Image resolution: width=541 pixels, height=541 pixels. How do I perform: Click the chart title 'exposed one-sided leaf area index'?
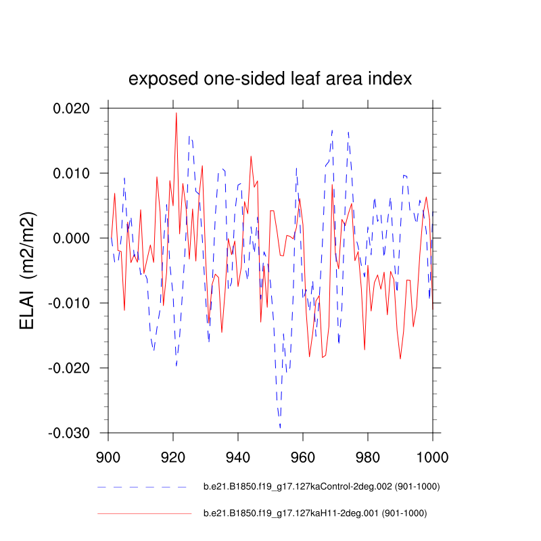point(270,79)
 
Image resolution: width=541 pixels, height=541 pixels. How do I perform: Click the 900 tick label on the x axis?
point(108,456)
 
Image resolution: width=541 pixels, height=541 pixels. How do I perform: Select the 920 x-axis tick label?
point(173,456)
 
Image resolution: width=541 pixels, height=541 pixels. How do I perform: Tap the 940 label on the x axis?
point(238,456)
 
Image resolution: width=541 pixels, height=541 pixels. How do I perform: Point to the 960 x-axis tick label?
point(303,456)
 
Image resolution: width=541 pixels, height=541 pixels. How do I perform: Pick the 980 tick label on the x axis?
point(368,456)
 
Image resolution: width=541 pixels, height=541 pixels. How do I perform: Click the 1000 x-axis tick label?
point(431,456)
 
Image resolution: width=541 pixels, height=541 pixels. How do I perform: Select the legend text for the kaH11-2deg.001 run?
point(315,513)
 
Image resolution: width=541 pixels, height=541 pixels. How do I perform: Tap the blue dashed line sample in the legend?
point(142,486)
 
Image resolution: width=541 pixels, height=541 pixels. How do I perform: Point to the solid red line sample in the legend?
point(145,513)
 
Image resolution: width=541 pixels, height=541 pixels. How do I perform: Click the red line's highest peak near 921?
point(177,113)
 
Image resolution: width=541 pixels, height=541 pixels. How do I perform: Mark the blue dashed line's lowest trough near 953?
point(280,427)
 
